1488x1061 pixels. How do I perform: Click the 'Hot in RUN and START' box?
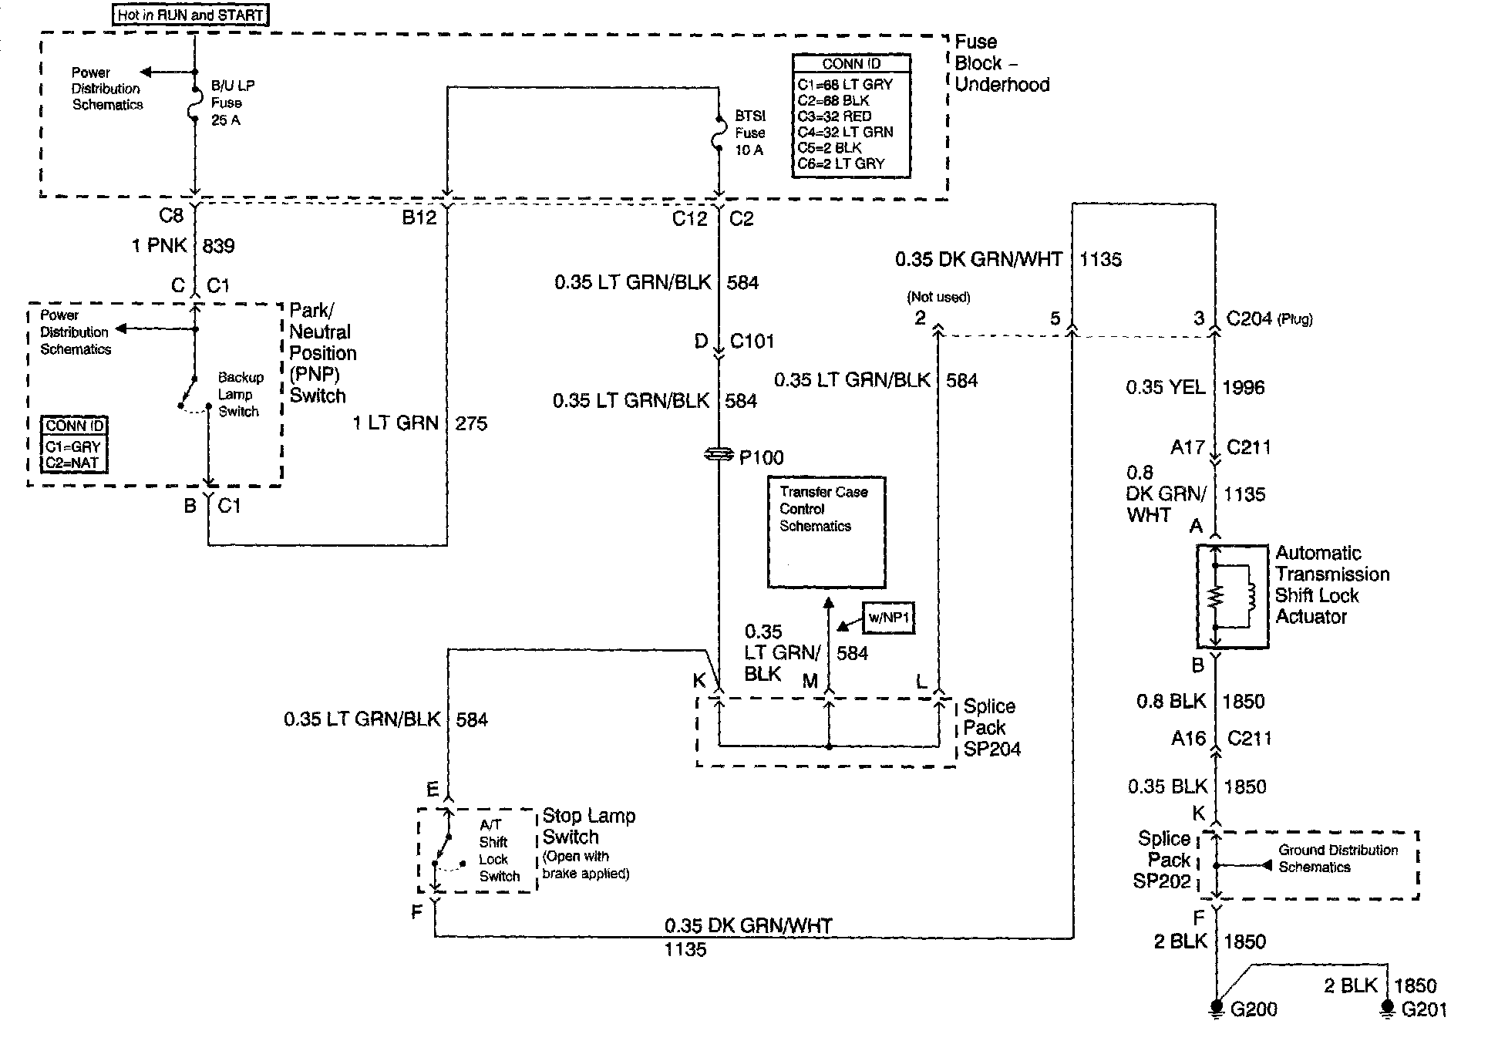pyautogui.click(x=190, y=15)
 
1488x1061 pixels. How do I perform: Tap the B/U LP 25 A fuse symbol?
pyautogui.click(x=195, y=103)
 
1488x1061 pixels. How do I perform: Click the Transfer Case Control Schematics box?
pyautogui.click(x=826, y=532)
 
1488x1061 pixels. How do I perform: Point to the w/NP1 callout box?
pyautogui.click(x=889, y=618)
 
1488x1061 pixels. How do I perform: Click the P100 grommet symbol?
pyautogui.click(x=719, y=456)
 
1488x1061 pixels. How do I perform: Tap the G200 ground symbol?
pyautogui.click(x=1216, y=1008)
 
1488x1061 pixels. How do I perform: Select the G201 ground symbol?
pyautogui.click(x=1387, y=1008)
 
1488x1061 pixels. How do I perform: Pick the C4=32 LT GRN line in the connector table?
pyautogui.click(x=845, y=132)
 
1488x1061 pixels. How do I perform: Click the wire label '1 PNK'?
pyautogui.click(x=160, y=246)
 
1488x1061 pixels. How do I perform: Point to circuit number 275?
pyautogui.click(x=471, y=423)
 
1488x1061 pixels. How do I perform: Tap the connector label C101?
pyautogui.click(x=752, y=342)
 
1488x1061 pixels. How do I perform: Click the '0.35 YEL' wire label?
pyautogui.click(x=1165, y=387)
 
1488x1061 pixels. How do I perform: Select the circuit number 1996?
pyautogui.click(x=1243, y=387)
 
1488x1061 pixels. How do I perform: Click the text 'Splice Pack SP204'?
pyautogui.click(x=991, y=727)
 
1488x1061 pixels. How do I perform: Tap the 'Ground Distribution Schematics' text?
pyautogui.click(x=1338, y=858)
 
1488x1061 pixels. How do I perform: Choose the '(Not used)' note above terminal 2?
pyautogui.click(x=938, y=297)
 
